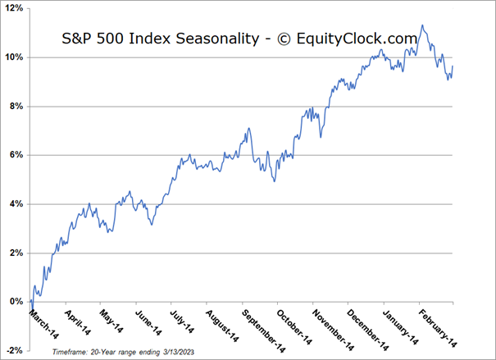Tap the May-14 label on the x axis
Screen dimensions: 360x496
(x=116, y=319)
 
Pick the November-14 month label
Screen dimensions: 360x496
(x=331, y=323)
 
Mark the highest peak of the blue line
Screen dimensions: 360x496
(x=421, y=25)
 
